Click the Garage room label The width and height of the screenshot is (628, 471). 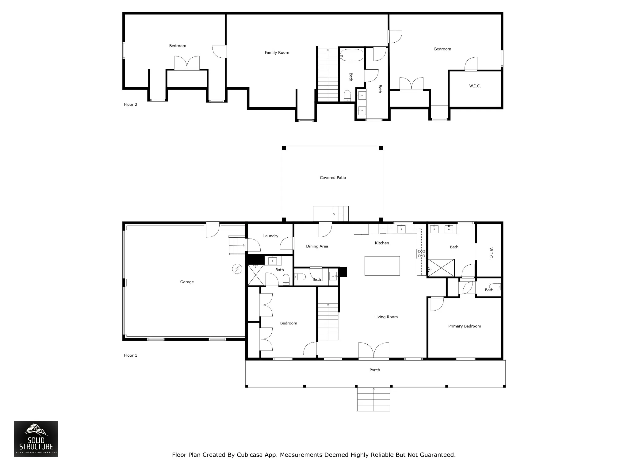click(x=187, y=282)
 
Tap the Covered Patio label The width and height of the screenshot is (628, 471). click(x=333, y=178)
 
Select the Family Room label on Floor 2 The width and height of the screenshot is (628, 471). click(x=277, y=52)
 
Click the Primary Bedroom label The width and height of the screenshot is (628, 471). click(x=465, y=326)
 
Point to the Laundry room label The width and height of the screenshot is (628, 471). click(x=270, y=236)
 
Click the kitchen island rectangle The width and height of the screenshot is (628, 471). click(x=382, y=266)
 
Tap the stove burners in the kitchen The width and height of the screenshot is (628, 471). click(x=421, y=253)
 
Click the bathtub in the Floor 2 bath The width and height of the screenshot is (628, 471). click(x=352, y=56)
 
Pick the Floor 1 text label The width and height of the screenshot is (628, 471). click(x=130, y=355)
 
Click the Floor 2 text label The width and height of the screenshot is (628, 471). click(x=130, y=104)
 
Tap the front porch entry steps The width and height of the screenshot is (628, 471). click(x=373, y=399)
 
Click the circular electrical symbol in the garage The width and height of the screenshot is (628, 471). click(x=237, y=269)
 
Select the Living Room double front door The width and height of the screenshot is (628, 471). click(x=373, y=350)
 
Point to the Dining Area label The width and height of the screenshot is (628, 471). click(x=317, y=246)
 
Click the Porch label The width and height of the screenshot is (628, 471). click(x=374, y=370)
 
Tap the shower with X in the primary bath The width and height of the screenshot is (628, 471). click(x=441, y=268)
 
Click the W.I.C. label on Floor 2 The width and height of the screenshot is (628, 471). click(x=475, y=86)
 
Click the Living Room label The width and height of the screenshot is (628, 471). click(x=386, y=317)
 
